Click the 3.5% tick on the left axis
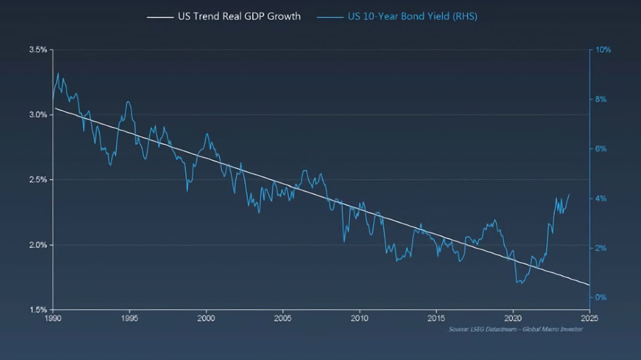click(x=38, y=50)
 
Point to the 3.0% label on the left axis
click(x=38, y=115)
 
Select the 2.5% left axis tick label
click(x=38, y=180)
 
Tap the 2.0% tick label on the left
click(x=38, y=245)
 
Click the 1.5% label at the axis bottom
click(x=38, y=309)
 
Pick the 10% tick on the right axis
click(x=603, y=50)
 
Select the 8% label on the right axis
click(x=601, y=99)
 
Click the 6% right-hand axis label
click(x=601, y=149)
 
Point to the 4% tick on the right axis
click(x=601, y=199)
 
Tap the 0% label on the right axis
click(x=601, y=298)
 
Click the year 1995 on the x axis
click(x=130, y=318)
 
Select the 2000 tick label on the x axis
click(x=206, y=318)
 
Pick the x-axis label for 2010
click(x=360, y=318)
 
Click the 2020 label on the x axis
click(x=513, y=318)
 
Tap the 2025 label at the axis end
click(x=589, y=318)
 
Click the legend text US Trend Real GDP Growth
click(x=239, y=16)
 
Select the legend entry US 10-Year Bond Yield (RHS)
click(x=412, y=16)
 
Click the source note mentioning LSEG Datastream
click(x=516, y=329)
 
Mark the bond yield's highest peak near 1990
click(x=58, y=73)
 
